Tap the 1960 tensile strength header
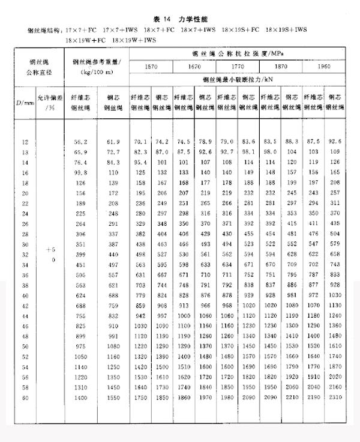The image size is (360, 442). pos(324,67)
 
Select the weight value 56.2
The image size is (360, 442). pos(80,142)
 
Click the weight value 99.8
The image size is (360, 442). pos(80,171)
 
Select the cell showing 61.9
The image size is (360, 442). pos(113,142)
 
